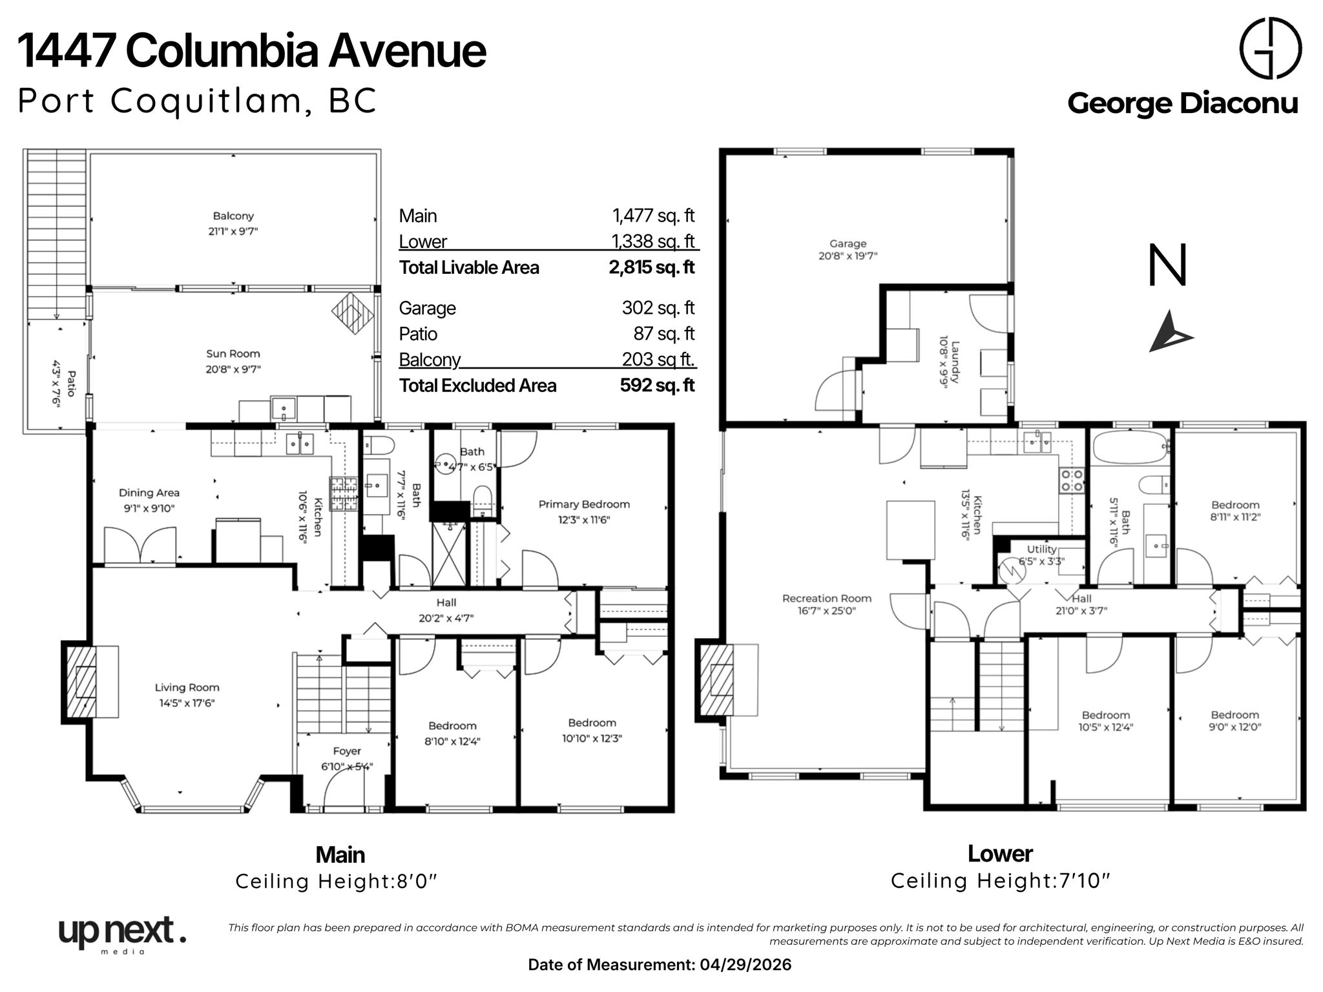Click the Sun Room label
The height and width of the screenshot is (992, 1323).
click(233, 354)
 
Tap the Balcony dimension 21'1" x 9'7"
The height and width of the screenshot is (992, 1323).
click(233, 231)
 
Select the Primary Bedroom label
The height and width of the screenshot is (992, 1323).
click(584, 504)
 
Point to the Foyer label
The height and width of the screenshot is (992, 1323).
click(347, 751)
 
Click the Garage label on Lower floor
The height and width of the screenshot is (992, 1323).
click(848, 243)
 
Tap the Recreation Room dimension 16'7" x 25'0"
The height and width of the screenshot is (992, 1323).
click(827, 610)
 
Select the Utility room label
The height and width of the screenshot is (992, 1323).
click(1041, 549)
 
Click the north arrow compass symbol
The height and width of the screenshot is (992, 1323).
click(1170, 332)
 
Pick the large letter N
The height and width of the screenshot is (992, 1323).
click(1167, 265)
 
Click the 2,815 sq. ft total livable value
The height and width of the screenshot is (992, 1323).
click(652, 267)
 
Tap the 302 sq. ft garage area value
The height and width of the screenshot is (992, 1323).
click(658, 307)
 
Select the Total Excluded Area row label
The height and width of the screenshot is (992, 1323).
click(477, 386)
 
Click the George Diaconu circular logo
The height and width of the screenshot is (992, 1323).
click(1270, 48)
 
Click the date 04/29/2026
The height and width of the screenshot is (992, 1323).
click(745, 965)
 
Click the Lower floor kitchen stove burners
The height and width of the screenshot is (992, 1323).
click(1072, 481)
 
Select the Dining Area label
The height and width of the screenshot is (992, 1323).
click(149, 493)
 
